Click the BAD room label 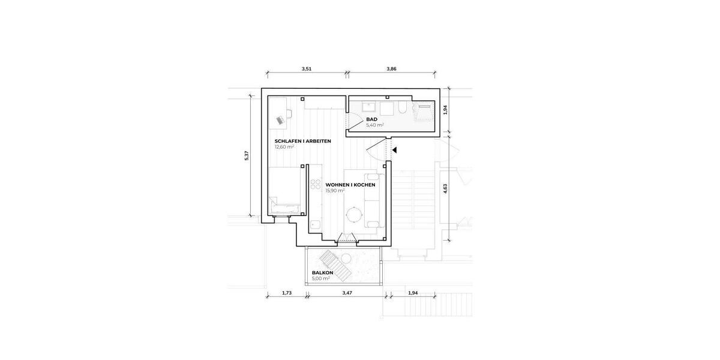372,119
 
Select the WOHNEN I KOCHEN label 350,185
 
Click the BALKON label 322,272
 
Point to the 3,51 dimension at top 306,69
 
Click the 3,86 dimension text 391,69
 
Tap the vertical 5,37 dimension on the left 246,156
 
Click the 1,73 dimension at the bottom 286,293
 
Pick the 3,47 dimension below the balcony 347,293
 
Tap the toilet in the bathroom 403,108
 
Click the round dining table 355,214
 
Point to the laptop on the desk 280,120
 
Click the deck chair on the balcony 334,265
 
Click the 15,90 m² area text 335,191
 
